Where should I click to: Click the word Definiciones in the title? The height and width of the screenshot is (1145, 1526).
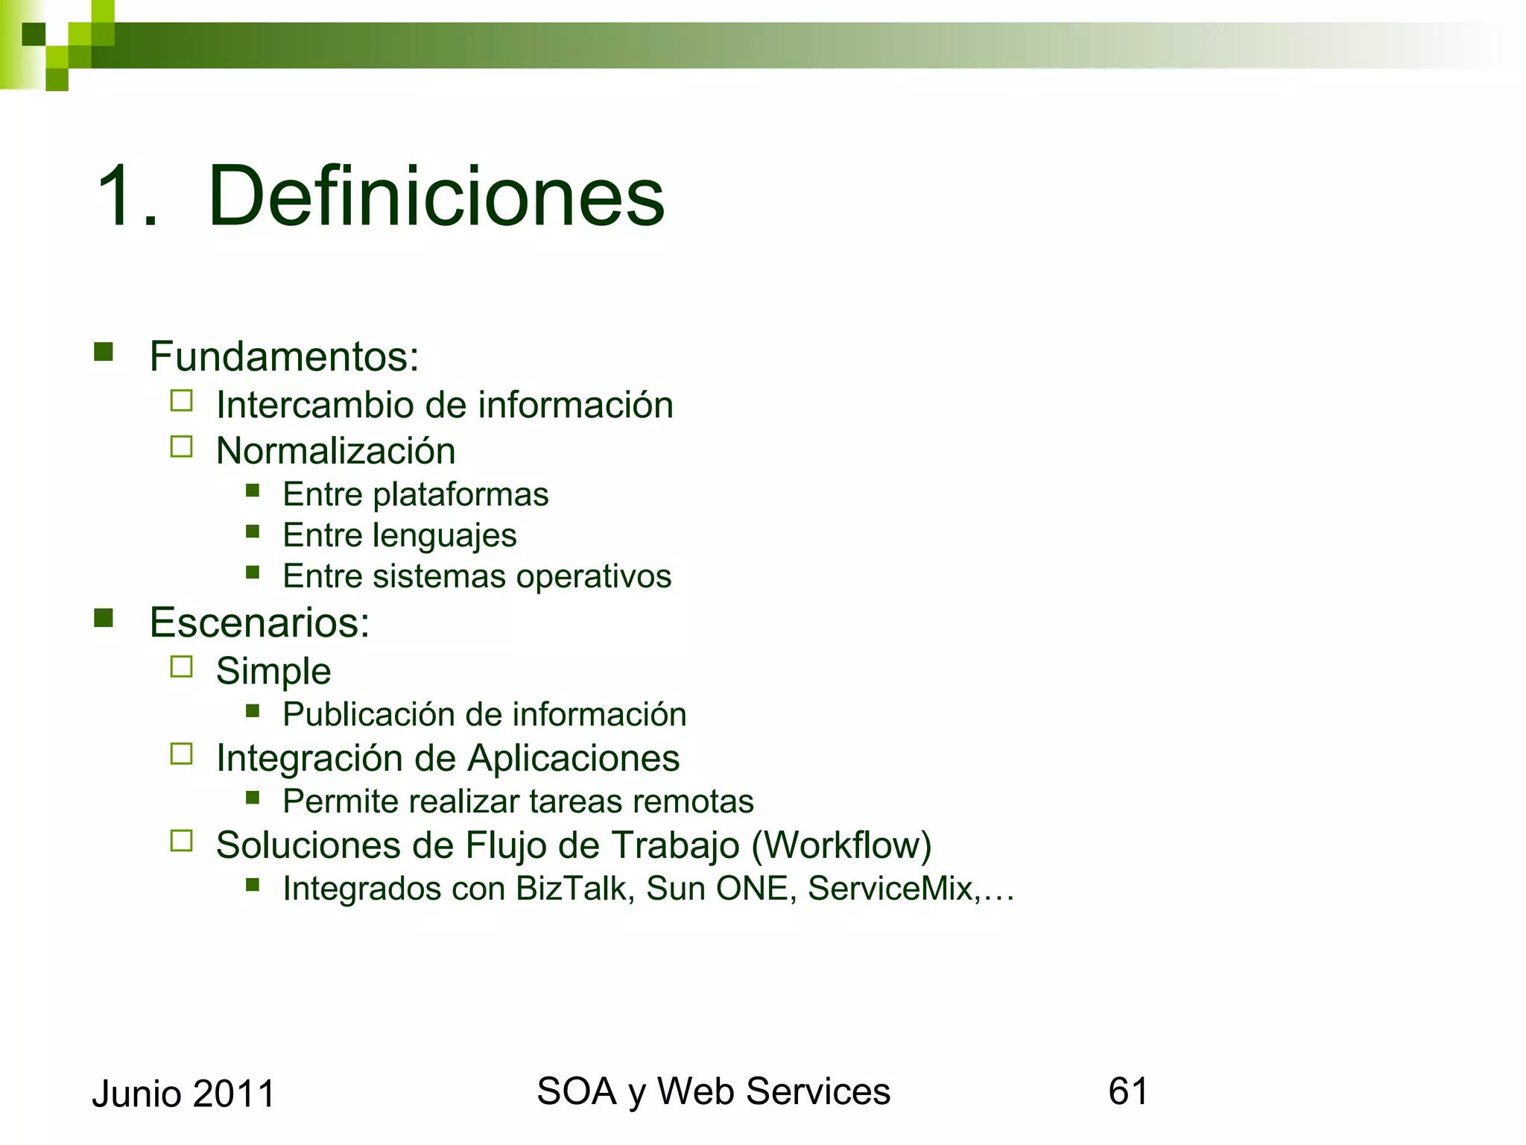tap(436, 196)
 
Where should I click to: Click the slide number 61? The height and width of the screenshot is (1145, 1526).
tap(1128, 1091)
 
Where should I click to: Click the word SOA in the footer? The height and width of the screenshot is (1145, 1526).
tap(576, 1091)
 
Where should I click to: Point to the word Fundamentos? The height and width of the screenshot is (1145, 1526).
tap(283, 356)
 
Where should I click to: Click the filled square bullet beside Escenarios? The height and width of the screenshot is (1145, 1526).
tap(104, 618)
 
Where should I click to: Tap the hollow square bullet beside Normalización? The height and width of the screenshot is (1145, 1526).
tap(181, 447)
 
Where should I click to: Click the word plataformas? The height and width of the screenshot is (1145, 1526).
tap(460, 494)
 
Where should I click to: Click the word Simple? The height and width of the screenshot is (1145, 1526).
tap(273, 671)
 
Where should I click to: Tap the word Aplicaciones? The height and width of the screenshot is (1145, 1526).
tap(574, 758)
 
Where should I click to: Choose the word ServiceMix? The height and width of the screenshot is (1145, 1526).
tap(890, 889)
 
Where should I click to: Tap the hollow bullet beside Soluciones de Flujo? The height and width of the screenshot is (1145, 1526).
tap(181, 841)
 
